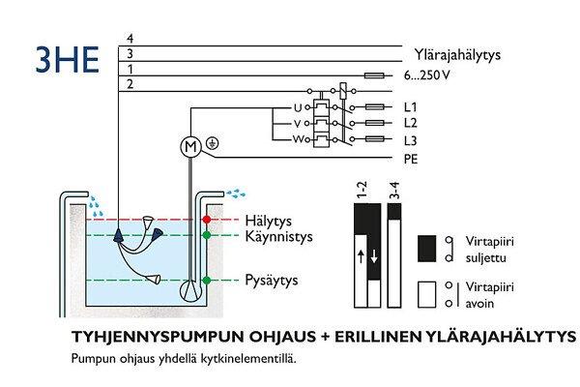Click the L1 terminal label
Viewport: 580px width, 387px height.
coord(411,106)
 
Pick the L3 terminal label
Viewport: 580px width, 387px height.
coord(411,141)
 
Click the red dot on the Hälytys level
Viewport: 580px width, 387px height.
coord(206,221)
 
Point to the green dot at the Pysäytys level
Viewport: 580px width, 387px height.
coord(206,281)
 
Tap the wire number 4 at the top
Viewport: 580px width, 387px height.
coord(130,38)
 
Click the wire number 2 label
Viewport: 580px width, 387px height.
coord(130,86)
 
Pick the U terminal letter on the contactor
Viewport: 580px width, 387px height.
coord(299,106)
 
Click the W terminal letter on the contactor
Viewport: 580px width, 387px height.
coord(299,141)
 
